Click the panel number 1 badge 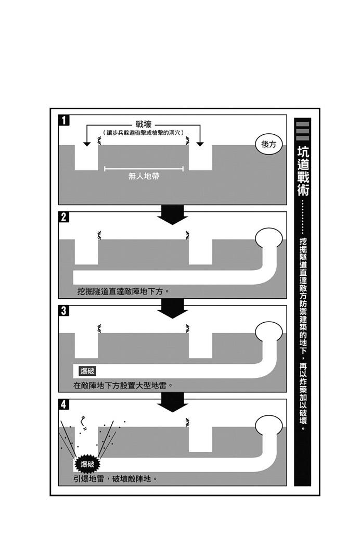click(x=64, y=120)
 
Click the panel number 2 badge click(x=64, y=217)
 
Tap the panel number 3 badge click(x=64, y=311)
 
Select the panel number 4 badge click(x=64, y=404)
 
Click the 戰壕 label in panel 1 click(x=143, y=125)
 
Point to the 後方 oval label click(x=269, y=144)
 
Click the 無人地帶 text click(x=144, y=176)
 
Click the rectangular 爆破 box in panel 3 click(x=87, y=371)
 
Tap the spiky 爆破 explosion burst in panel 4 click(x=87, y=464)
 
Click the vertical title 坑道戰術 click(x=303, y=171)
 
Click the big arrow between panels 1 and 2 click(x=173, y=214)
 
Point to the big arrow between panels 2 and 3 click(x=173, y=308)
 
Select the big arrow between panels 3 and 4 click(x=173, y=402)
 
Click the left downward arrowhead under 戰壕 click(x=87, y=144)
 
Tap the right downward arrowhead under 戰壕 click(x=200, y=144)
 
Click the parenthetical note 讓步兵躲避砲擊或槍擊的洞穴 click(x=143, y=133)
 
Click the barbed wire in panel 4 click(x=187, y=422)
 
